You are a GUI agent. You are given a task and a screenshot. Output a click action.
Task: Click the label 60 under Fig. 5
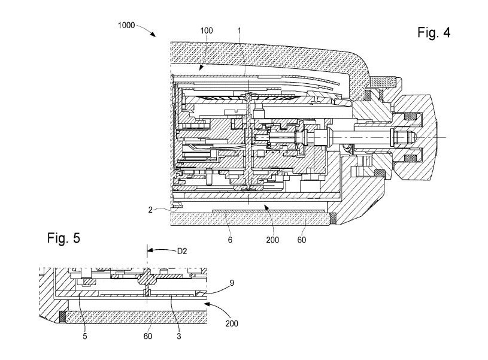148,336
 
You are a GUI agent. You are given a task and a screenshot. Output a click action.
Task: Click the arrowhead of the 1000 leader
157,37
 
